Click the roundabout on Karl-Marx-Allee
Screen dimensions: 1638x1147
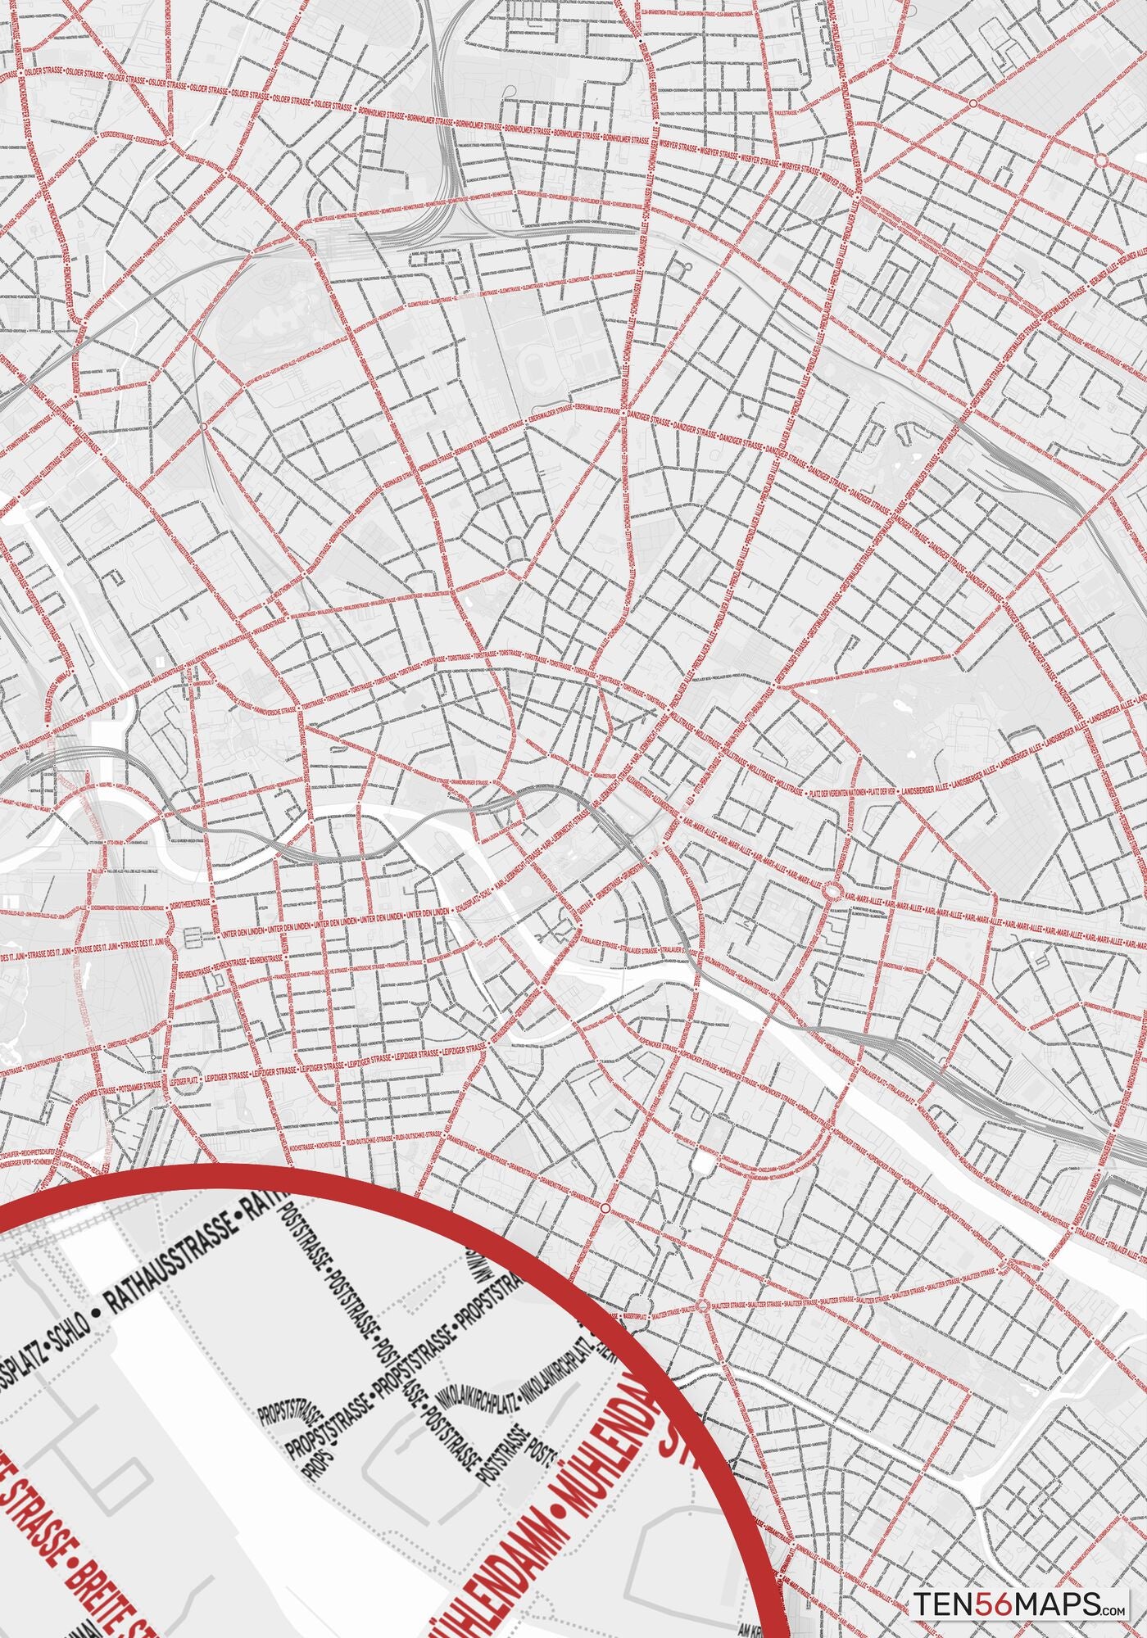pyautogui.click(x=833, y=891)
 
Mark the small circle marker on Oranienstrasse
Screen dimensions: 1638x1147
pyautogui.click(x=605, y=1209)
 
